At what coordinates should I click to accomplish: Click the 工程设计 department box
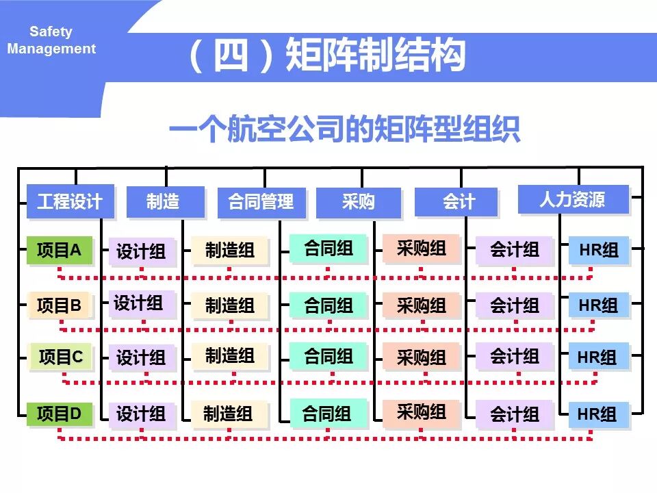(x=70, y=201)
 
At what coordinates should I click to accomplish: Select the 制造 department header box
(x=165, y=201)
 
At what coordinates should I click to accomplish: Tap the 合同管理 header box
(x=261, y=202)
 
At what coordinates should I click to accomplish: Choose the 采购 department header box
(x=359, y=202)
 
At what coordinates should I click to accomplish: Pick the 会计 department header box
(x=456, y=202)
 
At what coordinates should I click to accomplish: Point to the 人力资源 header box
(x=572, y=199)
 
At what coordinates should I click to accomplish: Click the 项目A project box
(x=59, y=251)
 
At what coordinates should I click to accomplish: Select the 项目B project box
(x=59, y=305)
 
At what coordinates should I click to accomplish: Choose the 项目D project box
(x=59, y=414)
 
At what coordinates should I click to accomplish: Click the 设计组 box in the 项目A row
(x=141, y=251)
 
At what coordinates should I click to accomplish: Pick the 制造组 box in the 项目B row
(x=230, y=305)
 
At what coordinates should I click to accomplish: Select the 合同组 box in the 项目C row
(x=328, y=356)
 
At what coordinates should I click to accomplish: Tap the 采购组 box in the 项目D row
(x=421, y=412)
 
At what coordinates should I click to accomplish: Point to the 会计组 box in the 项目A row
(x=514, y=250)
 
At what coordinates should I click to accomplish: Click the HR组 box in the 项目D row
(x=597, y=414)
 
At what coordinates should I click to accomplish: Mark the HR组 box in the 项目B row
(x=598, y=305)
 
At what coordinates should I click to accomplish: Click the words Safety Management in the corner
(x=51, y=40)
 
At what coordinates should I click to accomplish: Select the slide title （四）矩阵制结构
(x=326, y=56)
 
